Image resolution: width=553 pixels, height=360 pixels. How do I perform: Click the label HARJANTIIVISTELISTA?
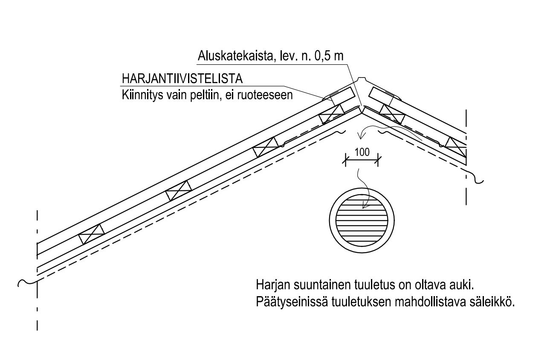pos(182,79)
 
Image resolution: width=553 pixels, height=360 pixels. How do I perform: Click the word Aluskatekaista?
pos(236,56)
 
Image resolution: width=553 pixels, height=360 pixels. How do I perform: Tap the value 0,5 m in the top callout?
pos(329,56)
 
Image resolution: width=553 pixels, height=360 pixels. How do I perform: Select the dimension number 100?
pos(362,152)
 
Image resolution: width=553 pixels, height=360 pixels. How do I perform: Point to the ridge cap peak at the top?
pos(362,78)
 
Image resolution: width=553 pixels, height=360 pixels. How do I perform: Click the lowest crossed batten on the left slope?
pos(91,234)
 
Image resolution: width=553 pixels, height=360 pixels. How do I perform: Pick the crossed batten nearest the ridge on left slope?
pos(332,114)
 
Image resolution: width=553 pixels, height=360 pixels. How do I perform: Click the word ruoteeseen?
pos(265,95)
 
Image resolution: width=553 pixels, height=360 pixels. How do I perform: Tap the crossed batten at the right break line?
pos(456,147)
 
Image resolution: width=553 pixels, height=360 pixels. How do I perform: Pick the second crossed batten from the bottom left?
pos(179,190)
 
